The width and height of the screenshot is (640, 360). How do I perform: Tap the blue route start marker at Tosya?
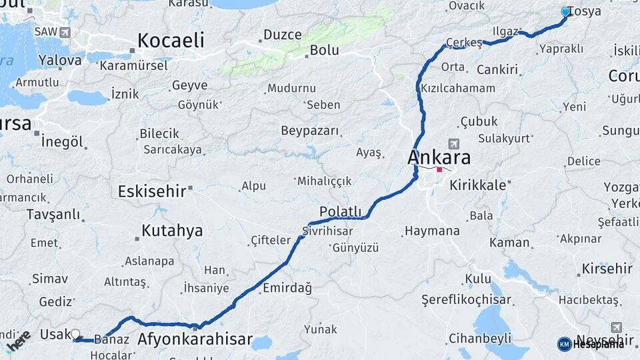(x=566, y=11)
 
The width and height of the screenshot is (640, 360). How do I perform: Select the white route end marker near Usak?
(x=75, y=333)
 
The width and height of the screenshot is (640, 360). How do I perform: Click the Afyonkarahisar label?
(x=195, y=339)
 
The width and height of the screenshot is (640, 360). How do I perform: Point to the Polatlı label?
(x=340, y=211)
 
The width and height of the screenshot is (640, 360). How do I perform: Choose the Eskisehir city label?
(x=151, y=192)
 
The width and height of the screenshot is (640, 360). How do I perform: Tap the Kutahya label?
(x=172, y=231)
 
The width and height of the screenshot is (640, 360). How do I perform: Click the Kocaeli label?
(x=171, y=41)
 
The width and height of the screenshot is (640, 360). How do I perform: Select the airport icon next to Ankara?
(x=455, y=143)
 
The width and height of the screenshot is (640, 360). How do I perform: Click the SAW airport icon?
(x=65, y=32)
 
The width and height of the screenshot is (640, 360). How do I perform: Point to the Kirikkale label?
(x=478, y=185)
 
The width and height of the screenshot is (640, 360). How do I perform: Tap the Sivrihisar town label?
(x=327, y=231)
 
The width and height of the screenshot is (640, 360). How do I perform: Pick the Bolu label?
(x=325, y=50)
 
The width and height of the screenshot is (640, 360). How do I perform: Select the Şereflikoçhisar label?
(x=466, y=300)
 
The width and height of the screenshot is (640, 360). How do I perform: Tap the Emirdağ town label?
(x=287, y=288)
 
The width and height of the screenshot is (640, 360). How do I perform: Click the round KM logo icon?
(x=564, y=344)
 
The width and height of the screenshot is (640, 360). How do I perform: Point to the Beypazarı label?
(x=310, y=131)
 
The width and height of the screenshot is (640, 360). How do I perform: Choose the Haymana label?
(x=432, y=231)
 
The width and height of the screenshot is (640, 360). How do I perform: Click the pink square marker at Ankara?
(x=439, y=169)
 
